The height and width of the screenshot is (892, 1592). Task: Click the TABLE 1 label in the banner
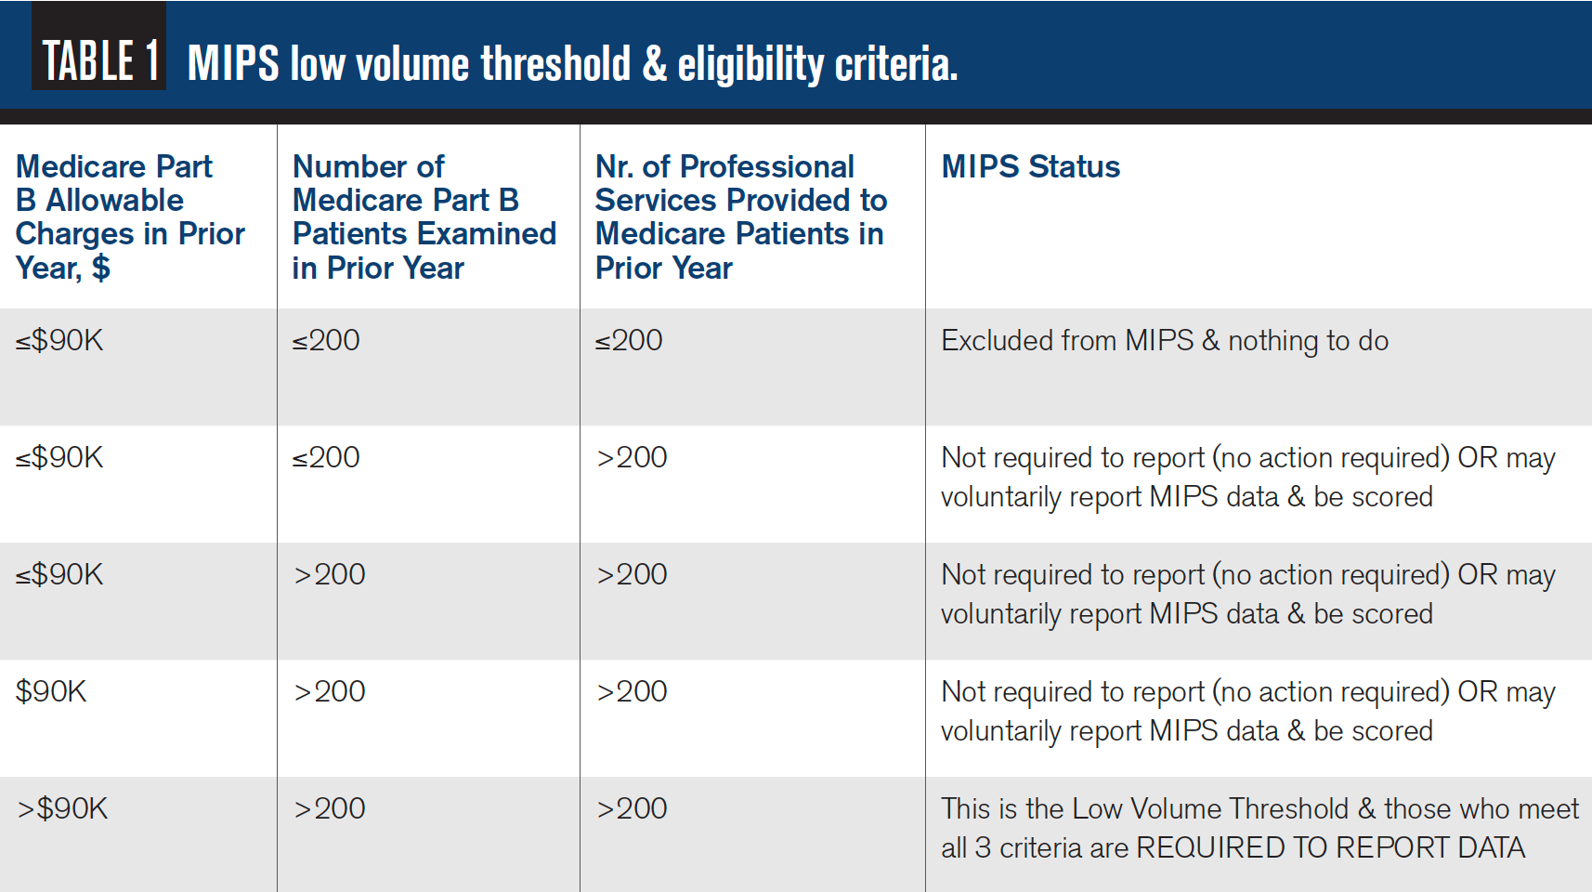pos(100,61)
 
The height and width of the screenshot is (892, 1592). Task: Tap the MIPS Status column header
pos(1030,166)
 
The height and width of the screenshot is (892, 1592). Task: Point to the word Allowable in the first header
pos(115,200)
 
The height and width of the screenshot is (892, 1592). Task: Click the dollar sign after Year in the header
pos(100,268)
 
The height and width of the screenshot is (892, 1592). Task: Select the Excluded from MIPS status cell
pos(1164,341)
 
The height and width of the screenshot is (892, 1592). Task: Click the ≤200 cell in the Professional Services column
pos(629,341)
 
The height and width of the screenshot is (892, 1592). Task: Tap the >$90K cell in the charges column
pos(62,808)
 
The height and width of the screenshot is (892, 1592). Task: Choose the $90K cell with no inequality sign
pos(51,691)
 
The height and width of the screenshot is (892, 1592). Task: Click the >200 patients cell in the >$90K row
pos(330,808)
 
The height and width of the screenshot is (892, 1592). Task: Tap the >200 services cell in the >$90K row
pos(632,808)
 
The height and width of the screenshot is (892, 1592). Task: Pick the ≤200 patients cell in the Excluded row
pos(326,341)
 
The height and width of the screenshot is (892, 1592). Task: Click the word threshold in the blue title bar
pos(555,64)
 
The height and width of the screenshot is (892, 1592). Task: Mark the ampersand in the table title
pos(654,64)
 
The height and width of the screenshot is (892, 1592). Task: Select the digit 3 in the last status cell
pos(983,847)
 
